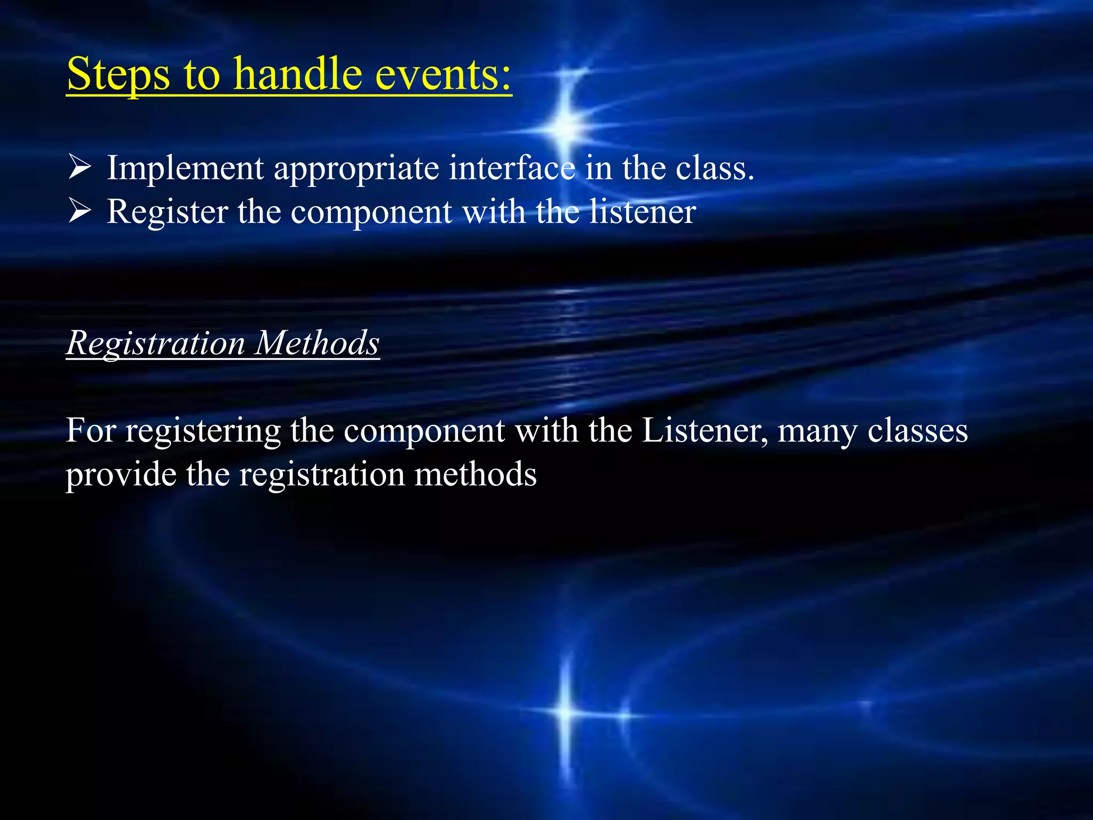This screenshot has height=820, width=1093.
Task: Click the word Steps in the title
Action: point(118,75)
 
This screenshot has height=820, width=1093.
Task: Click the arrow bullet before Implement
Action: point(80,168)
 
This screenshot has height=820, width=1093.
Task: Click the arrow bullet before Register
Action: point(80,211)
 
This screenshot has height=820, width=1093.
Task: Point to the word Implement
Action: point(185,169)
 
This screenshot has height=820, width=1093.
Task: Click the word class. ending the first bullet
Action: point(715,169)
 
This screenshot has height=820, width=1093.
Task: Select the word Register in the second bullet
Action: point(168,212)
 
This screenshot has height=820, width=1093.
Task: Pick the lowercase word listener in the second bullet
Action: point(643,211)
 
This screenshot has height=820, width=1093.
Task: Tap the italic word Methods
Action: point(317,343)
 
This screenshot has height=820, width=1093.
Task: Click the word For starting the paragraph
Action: point(91,430)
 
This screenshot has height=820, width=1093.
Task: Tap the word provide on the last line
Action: point(121,475)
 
